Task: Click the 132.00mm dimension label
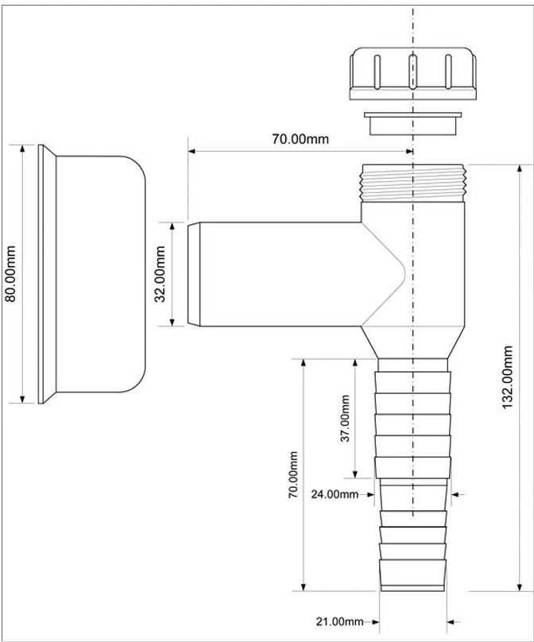(x=508, y=377)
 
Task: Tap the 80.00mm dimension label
(x=10, y=273)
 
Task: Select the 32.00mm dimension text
(x=160, y=274)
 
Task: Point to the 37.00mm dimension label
(x=345, y=418)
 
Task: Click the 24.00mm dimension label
(x=335, y=494)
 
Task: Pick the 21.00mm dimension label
(x=339, y=621)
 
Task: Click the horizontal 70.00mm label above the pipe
(x=300, y=139)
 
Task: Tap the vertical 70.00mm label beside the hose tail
(x=292, y=474)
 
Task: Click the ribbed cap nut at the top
(x=412, y=74)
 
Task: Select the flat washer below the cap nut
(x=412, y=123)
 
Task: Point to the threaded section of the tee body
(x=412, y=183)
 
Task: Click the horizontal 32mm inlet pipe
(x=275, y=274)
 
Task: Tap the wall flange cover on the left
(x=91, y=274)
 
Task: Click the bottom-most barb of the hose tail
(x=412, y=574)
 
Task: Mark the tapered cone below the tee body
(x=412, y=342)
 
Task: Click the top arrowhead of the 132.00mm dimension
(x=519, y=169)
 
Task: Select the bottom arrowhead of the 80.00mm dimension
(x=22, y=398)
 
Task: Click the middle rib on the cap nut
(x=412, y=71)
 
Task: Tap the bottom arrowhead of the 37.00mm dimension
(x=355, y=473)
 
